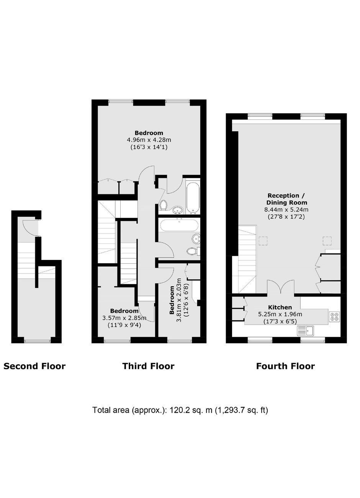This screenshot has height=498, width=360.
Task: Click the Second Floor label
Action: (34, 366)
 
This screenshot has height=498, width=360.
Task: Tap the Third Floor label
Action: (149, 366)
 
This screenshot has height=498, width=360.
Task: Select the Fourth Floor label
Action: (285, 366)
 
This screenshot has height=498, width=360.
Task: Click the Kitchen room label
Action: (280, 307)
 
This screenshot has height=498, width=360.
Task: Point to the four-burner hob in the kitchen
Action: (334, 317)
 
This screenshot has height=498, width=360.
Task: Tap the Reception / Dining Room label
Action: (286, 199)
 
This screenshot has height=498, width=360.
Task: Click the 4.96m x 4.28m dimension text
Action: (149, 140)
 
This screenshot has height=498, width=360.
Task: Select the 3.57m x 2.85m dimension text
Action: (124, 318)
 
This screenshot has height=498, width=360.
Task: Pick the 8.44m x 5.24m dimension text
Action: (286, 209)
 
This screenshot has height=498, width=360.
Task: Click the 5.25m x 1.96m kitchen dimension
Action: (280, 314)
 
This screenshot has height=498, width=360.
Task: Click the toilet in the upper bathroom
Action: (163, 205)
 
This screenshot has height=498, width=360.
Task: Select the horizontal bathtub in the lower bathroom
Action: (179, 225)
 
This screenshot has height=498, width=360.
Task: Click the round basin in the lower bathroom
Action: (196, 239)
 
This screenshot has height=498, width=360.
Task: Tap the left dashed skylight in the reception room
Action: (263, 241)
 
